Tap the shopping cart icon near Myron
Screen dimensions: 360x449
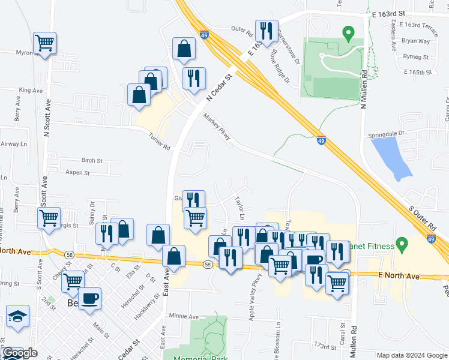(44, 43)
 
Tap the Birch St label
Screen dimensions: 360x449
(92, 161)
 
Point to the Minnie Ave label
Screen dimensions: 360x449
(184, 316)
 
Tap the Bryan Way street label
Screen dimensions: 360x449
(415, 41)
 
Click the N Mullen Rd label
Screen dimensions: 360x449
(363, 88)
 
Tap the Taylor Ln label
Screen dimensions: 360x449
(241, 205)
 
